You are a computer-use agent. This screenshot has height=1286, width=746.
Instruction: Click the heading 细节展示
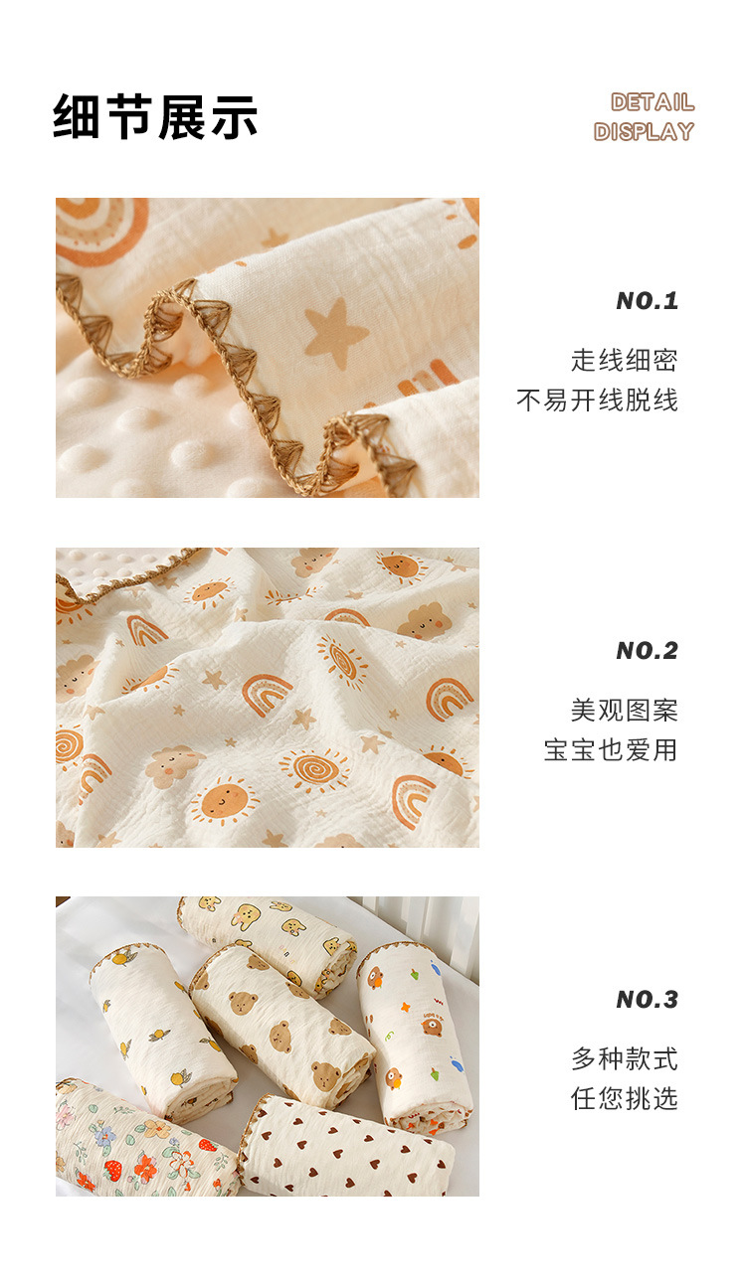(155, 116)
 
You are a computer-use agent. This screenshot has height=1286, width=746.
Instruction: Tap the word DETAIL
(653, 102)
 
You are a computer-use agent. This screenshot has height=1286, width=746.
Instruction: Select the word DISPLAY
(644, 131)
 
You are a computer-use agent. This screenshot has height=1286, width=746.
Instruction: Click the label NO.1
(647, 301)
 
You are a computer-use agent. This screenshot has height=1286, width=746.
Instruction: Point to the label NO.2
(647, 651)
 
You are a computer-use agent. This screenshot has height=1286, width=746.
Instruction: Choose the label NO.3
(647, 1000)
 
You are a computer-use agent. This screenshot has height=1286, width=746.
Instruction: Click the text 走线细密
(625, 361)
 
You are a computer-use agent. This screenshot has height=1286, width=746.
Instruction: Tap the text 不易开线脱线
(597, 401)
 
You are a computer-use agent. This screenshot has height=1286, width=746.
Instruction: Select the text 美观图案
(625, 711)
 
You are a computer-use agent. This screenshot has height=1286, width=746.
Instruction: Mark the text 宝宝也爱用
(611, 749)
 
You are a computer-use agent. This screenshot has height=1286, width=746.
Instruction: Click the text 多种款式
(625, 1058)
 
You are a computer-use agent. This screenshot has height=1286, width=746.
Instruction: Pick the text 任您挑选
(625, 1098)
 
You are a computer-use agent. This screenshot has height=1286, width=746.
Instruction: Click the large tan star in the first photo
(335, 332)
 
